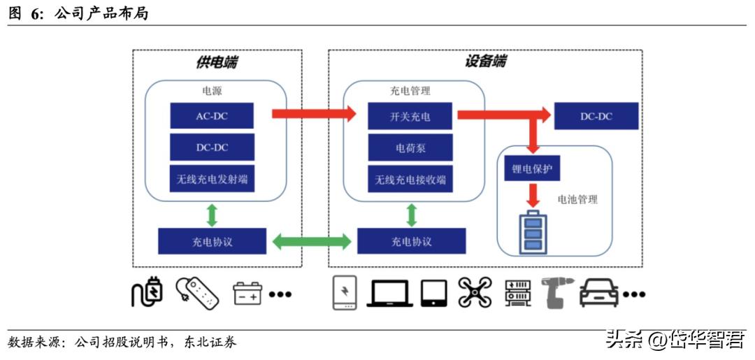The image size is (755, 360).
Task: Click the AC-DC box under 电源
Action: point(212,116)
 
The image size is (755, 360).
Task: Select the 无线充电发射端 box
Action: point(212,180)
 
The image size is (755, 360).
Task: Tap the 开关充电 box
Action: point(410,116)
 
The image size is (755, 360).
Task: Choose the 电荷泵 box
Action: point(410,148)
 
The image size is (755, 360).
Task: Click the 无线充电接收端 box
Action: point(410,180)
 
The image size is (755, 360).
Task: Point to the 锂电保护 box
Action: point(531,168)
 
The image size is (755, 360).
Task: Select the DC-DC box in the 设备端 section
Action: point(596,116)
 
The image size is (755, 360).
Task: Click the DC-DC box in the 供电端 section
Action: point(212,148)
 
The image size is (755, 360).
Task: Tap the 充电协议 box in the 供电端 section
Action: point(212,242)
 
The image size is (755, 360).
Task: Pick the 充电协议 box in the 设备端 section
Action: point(411,242)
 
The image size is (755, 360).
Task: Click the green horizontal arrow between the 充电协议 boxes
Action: point(312,242)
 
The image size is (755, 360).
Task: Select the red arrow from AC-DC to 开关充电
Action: point(314,114)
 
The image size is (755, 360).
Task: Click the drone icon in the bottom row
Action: point(475,291)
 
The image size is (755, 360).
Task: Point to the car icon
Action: point(599,292)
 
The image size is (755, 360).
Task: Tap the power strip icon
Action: point(197,293)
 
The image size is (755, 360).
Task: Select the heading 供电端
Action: point(216,62)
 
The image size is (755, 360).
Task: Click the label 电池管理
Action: point(577,200)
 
